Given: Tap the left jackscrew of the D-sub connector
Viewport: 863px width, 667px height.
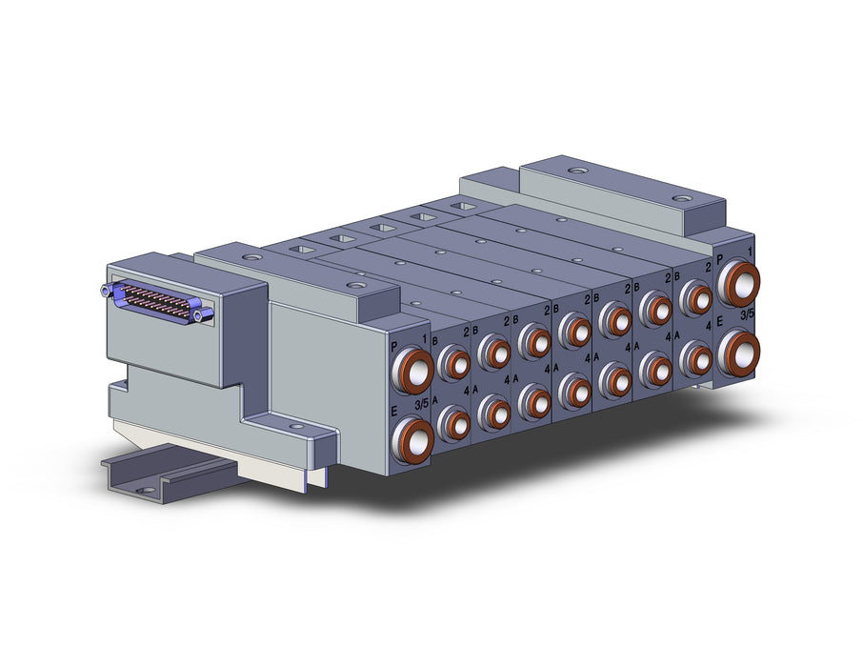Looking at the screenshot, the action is [x=106, y=290].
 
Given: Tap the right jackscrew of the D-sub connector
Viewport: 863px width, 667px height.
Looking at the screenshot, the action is [x=207, y=314].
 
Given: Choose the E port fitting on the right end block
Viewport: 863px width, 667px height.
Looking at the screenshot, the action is [x=738, y=351].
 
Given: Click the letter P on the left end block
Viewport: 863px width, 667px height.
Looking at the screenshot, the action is [x=394, y=347].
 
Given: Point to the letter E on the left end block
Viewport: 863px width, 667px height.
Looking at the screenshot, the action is [x=394, y=411].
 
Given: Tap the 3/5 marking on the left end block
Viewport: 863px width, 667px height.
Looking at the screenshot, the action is [x=422, y=405].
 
